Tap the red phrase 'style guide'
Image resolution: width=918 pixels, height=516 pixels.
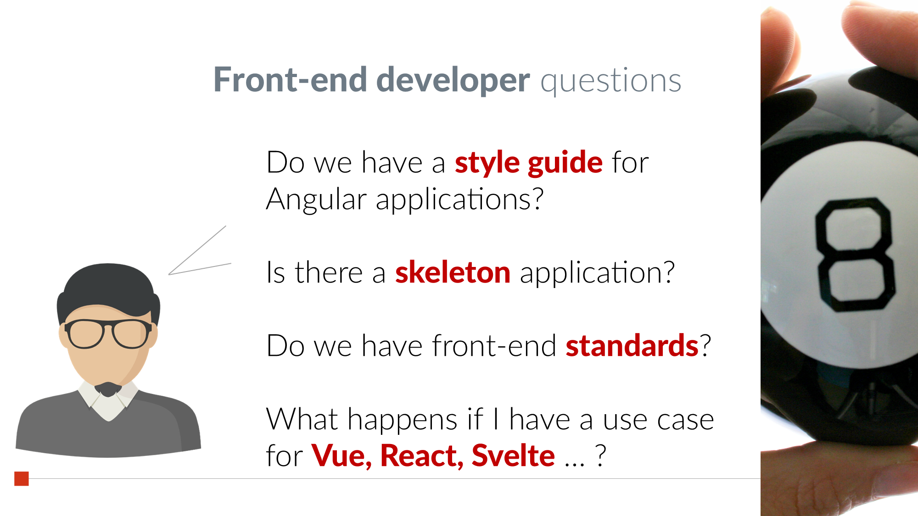point(529,163)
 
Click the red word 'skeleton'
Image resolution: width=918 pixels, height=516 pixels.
point(453,272)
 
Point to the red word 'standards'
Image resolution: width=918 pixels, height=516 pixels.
point(632,345)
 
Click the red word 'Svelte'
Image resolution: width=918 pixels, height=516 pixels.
point(513,455)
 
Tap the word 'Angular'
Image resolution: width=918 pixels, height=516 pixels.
point(316,200)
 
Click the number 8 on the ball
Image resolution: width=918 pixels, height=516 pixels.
point(855,255)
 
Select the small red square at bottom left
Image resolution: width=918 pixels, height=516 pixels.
point(22,478)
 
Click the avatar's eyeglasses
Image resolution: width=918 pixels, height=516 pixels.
point(108,333)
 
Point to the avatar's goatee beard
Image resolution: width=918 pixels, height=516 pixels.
point(108,389)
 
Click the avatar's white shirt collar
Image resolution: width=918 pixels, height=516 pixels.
point(108,401)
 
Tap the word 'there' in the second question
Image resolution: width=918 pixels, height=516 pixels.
point(329,272)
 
